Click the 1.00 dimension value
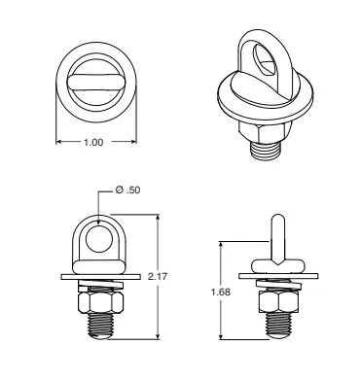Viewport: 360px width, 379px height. (x=93, y=142)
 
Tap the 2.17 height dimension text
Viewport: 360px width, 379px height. (x=158, y=276)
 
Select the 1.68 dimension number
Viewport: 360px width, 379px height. (x=221, y=292)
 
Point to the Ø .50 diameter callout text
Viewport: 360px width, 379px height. (x=128, y=189)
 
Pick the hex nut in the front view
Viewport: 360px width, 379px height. (x=100, y=302)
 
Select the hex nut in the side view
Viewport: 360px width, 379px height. (x=278, y=302)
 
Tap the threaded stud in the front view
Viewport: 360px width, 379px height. (x=101, y=326)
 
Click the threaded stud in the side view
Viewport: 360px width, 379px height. (x=278, y=326)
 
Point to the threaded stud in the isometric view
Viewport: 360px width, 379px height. (x=266, y=151)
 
